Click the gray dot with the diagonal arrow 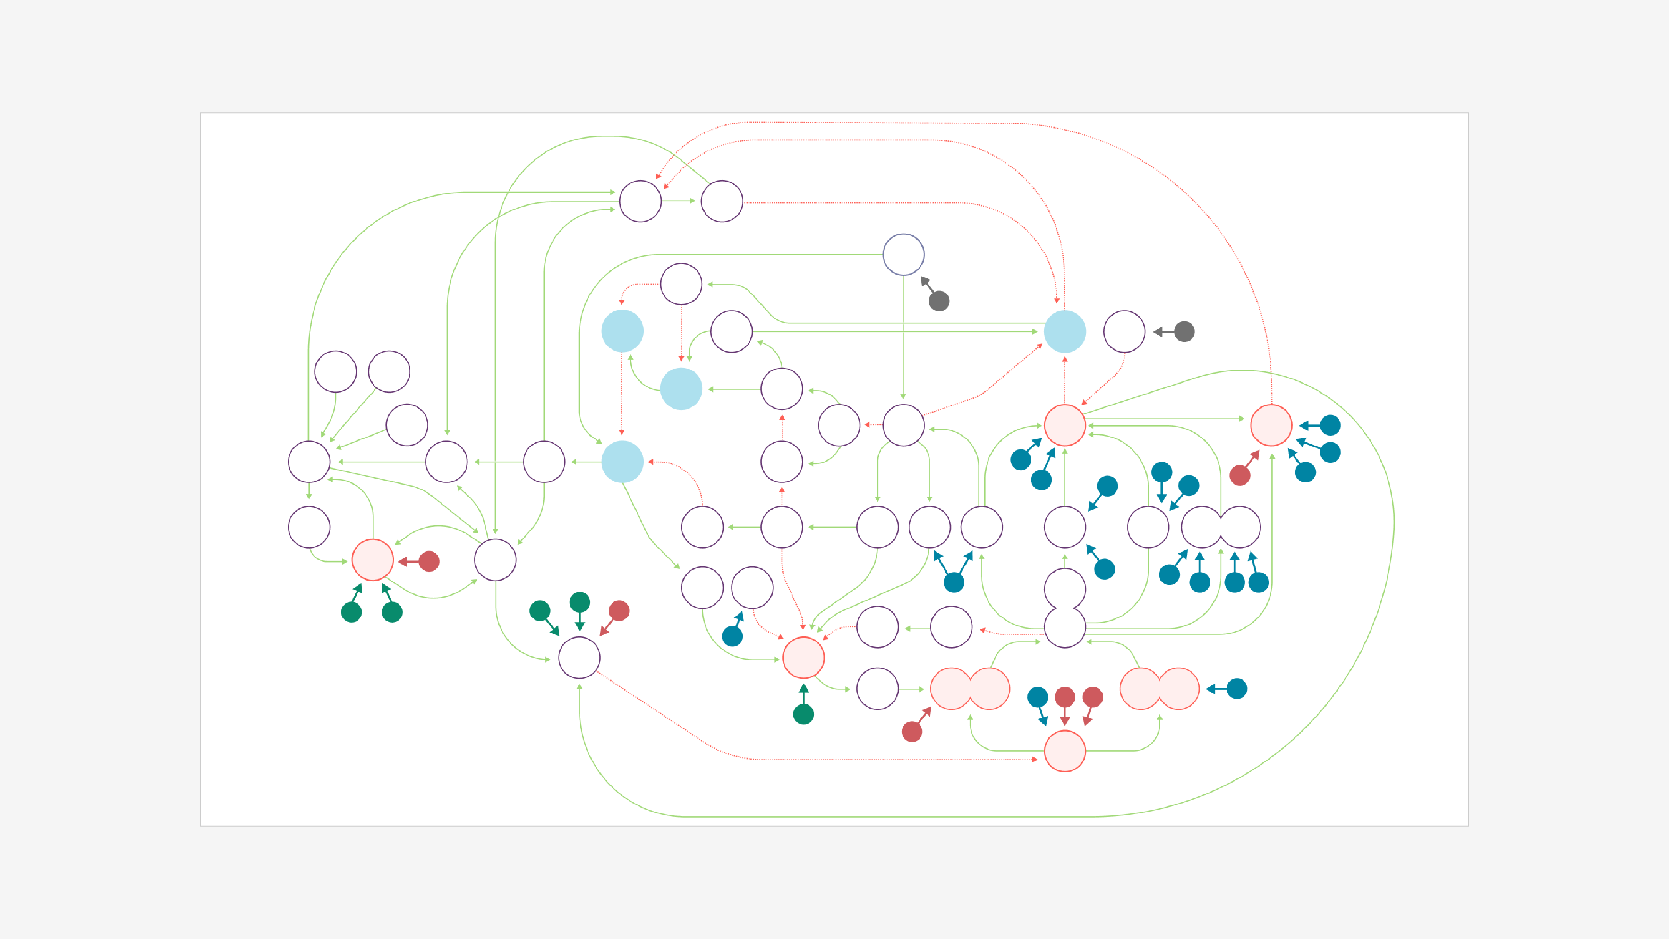click(x=939, y=300)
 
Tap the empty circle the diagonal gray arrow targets click(x=903, y=255)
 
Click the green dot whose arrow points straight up click(x=803, y=714)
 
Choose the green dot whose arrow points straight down click(x=580, y=602)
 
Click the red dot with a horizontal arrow click(x=429, y=561)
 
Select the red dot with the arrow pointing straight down click(x=1065, y=697)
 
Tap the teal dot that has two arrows click(x=954, y=582)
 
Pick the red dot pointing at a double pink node click(x=911, y=732)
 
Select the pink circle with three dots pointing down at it click(x=1065, y=751)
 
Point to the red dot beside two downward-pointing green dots click(x=619, y=611)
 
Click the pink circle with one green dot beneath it click(x=803, y=658)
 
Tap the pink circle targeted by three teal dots click(x=1271, y=425)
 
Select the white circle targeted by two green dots click(x=579, y=658)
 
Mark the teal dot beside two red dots click(x=1038, y=697)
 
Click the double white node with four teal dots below click(x=1221, y=527)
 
